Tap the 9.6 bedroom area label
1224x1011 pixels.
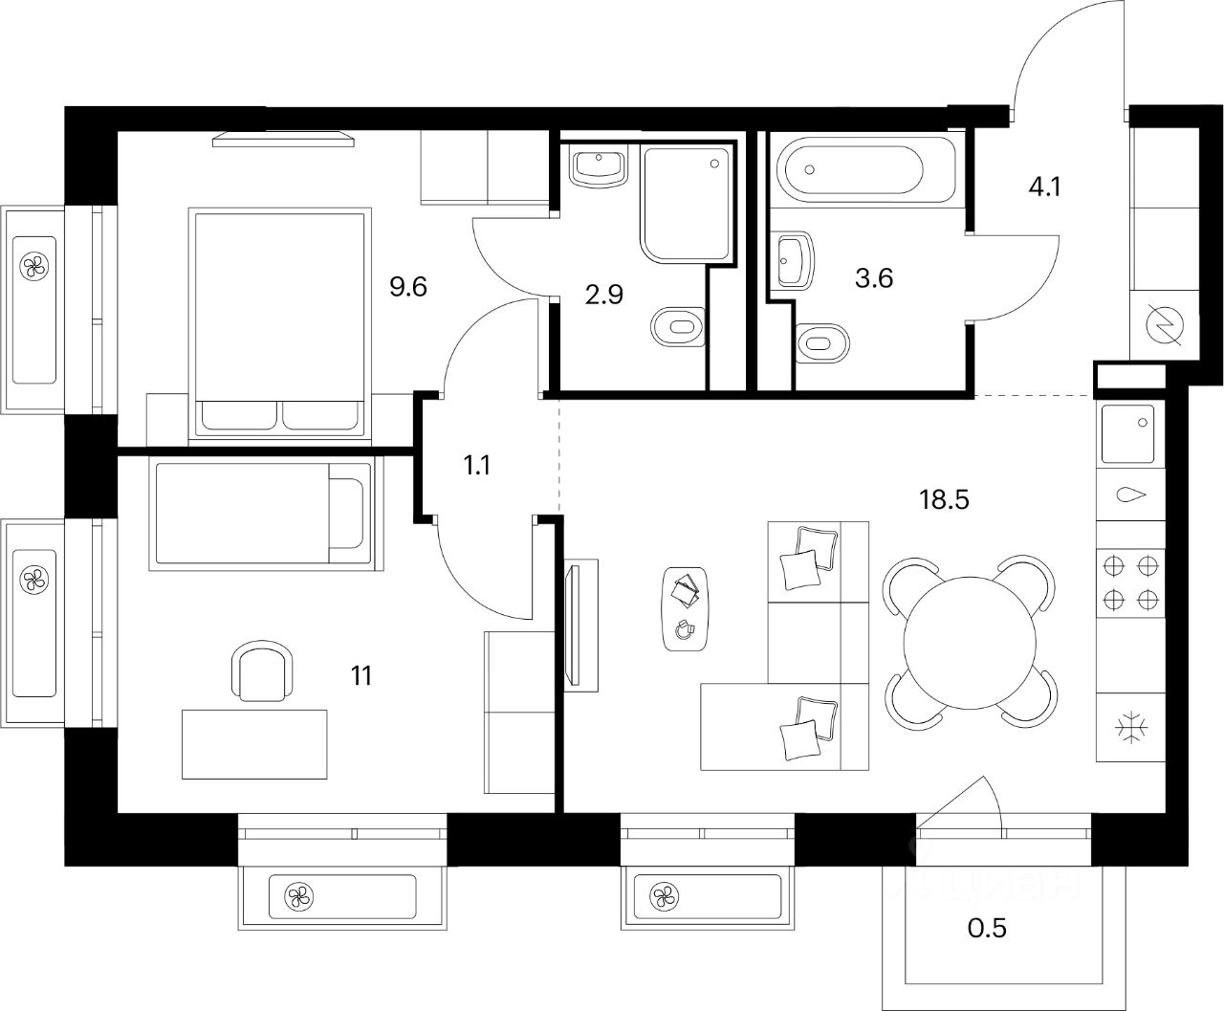pyautogui.click(x=407, y=286)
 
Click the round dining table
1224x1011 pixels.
pyautogui.click(x=970, y=640)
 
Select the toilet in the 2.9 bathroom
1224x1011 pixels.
pyautogui.click(x=678, y=328)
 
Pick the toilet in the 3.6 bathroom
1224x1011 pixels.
pyautogui.click(x=821, y=341)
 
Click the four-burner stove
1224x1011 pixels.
pyautogui.click(x=1131, y=582)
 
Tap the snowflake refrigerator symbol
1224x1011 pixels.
pyautogui.click(x=1131, y=728)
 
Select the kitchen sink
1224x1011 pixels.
pyautogui.click(x=1129, y=434)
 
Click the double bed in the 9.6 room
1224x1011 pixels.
pyautogui.click(x=281, y=321)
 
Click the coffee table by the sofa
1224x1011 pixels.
pyautogui.click(x=686, y=608)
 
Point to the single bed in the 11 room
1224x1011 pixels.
pyautogui.click(x=263, y=513)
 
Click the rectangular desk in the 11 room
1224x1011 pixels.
pyautogui.click(x=254, y=743)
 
